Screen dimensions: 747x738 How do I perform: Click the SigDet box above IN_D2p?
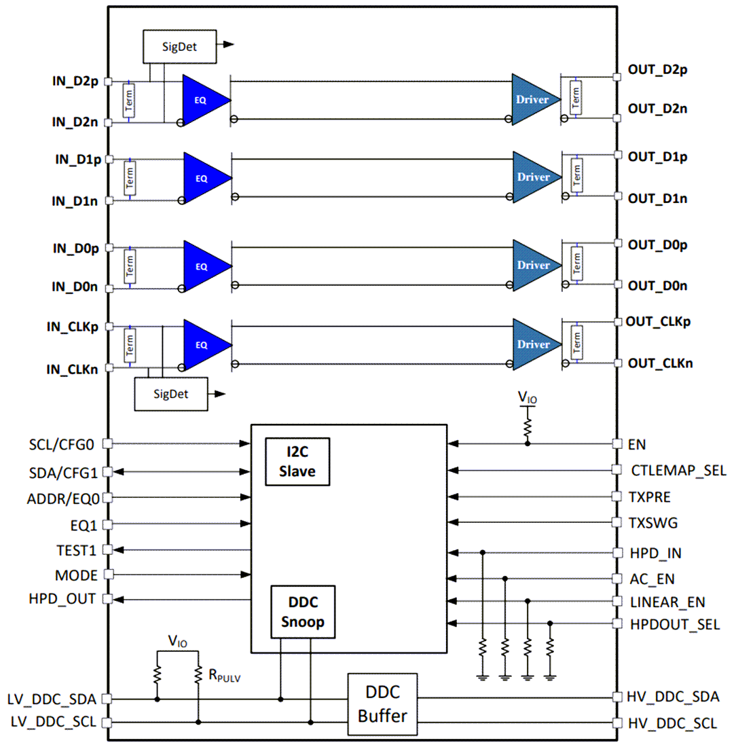pyautogui.click(x=179, y=45)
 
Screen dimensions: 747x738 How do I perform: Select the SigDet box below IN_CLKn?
pyautogui.click(x=170, y=394)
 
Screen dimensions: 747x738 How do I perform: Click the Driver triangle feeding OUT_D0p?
pyautogui.click(x=535, y=264)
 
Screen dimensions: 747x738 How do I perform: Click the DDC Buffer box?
pyautogui.click(x=382, y=704)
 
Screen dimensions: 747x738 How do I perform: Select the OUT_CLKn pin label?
pyautogui.click(x=660, y=363)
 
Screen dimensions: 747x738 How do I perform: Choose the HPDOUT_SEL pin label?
pyautogui.click(x=675, y=624)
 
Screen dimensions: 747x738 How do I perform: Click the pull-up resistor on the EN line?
pyautogui.click(x=528, y=426)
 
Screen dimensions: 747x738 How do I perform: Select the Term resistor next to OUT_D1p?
pyautogui.click(x=576, y=176)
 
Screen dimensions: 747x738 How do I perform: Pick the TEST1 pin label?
pyautogui.click(x=77, y=549)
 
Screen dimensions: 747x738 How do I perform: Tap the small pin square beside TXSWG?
pyautogui.click(x=616, y=523)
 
